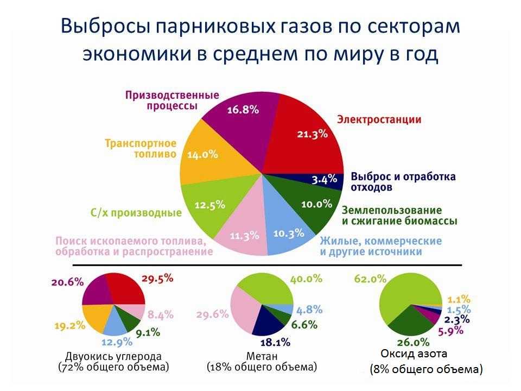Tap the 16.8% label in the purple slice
pyautogui.click(x=243, y=110)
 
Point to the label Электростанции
pyautogui.click(x=379, y=119)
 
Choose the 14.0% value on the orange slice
pyautogui.click(x=202, y=154)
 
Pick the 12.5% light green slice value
pyautogui.click(x=209, y=205)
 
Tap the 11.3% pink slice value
pyautogui.click(x=244, y=236)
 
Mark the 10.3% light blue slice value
pyautogui.click(x=288, y=234)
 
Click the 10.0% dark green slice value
pyautogui.click(x=316, y=204)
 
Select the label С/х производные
pyautogui.click(x=136, y=213)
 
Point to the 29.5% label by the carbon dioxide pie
pyautogui.click(x=157, y=278)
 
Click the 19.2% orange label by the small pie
pyautogui.click(x=70, y=326)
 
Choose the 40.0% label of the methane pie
pyautogui.click(x=306, y=278)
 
